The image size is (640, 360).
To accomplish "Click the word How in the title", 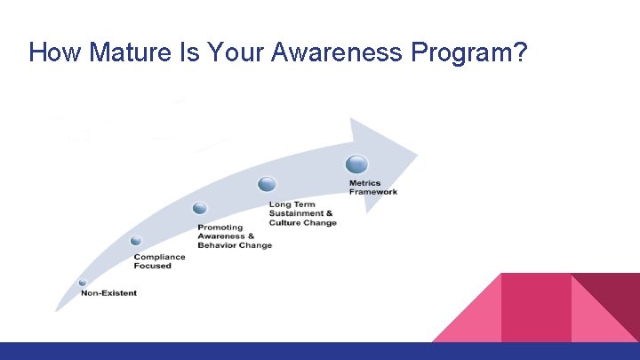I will click(52, 52).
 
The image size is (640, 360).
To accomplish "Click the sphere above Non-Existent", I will click(83, 283).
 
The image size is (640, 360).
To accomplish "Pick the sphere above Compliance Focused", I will click(136, 241).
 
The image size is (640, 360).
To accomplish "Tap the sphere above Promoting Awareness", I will click(200, 208).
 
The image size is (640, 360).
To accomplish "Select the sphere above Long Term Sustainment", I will click(267, 184).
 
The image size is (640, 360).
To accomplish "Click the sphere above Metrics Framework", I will click(356, 164).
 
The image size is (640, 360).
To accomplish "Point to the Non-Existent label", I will click(108, 293).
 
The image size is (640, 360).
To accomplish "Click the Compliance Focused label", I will click(160, 260).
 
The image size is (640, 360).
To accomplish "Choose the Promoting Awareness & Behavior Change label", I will click(234, 236).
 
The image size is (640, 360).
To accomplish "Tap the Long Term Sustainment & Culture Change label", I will click(302, 213).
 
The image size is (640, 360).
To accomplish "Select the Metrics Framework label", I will click(373, 188).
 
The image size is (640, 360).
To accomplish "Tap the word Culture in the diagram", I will click(285, 223).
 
